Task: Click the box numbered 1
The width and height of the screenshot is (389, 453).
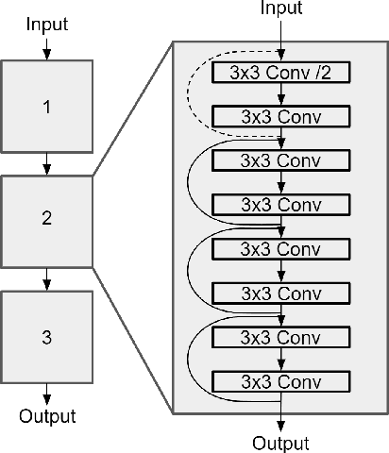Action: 47,107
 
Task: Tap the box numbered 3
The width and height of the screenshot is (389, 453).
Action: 47,335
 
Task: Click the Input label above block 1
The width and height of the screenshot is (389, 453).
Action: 47,22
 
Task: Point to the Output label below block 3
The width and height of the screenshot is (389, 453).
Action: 47,416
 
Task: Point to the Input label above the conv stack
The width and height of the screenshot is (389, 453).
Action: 281,9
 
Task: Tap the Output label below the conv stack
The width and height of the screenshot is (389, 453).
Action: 281,442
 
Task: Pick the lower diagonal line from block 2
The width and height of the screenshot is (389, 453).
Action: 132,338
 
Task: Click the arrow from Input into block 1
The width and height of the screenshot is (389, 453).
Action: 47,46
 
